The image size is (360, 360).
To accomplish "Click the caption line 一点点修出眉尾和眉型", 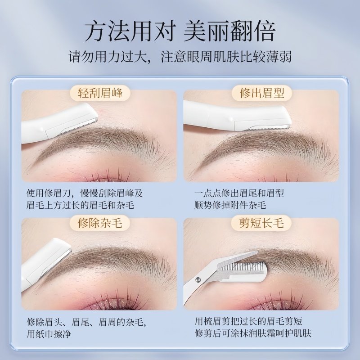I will tap(239, 193).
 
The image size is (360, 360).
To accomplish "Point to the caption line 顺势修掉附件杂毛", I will tap(230, 205).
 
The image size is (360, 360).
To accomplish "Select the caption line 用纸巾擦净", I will tap(49, 333).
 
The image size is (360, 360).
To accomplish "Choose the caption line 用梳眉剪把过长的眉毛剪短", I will tap(248, 322).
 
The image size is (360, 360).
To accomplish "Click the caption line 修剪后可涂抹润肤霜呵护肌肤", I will tap(253, 333).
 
